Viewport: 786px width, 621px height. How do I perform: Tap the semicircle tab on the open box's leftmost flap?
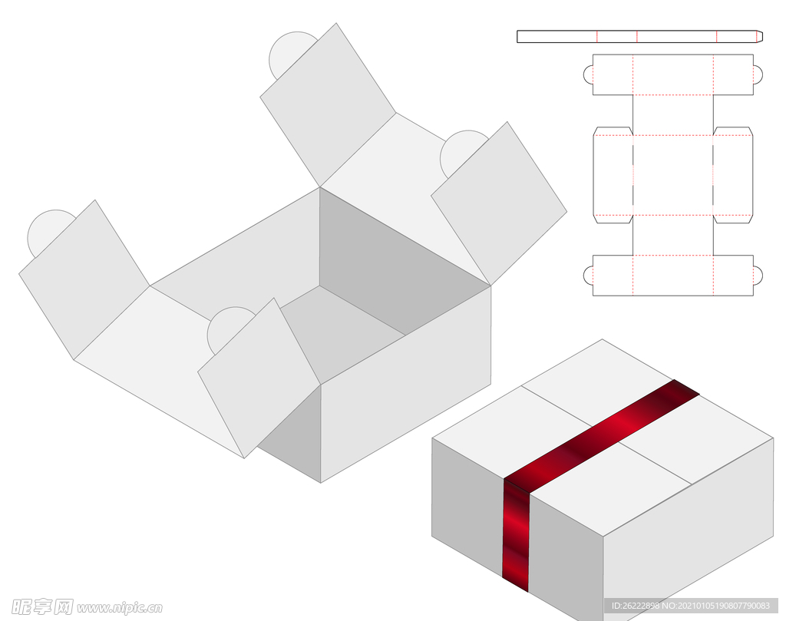(45, 230)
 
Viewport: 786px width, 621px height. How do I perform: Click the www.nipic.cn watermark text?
(120, 608)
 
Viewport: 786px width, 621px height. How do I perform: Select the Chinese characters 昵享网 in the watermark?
(42, 607)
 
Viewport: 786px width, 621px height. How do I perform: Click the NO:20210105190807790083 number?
(716, 606)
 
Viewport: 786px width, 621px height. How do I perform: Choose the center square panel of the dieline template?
(672, 175)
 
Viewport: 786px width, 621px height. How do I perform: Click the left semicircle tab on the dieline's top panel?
(589, 74)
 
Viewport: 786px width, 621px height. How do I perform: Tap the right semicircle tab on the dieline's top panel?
(758, 74)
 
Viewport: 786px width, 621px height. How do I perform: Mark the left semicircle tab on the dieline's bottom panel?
(589, 275)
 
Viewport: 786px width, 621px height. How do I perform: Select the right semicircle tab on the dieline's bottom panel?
(758, 275)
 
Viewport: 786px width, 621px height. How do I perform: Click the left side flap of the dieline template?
(613, 175)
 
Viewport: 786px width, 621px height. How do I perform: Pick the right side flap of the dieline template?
(733, 175)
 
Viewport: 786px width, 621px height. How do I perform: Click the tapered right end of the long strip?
(759, 37)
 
